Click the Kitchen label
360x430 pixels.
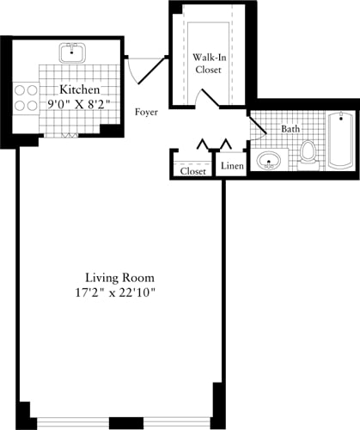click(x=79, y=90)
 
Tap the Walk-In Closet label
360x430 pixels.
click(x=209, y=64)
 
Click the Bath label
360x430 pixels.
click(x=290, y=129)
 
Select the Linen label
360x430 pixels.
click(x=232, y=166)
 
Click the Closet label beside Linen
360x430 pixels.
click(x=193, y=171)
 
